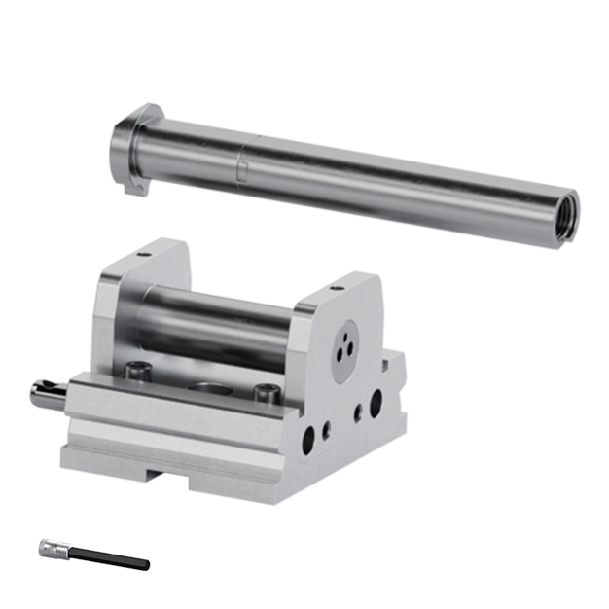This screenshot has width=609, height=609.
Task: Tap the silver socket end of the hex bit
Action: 51,550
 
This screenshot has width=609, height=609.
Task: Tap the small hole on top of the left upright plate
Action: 144,255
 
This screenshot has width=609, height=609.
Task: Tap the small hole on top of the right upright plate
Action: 337,288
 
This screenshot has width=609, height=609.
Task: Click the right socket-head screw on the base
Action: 266,393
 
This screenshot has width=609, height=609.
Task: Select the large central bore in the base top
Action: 205,387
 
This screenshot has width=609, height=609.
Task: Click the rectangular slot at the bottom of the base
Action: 161,476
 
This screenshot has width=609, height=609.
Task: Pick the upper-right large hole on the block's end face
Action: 375,398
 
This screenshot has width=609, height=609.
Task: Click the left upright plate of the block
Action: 117,311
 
